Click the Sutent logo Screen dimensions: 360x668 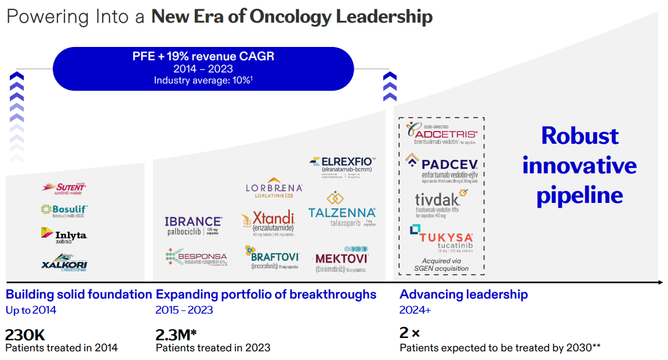pos(63,187)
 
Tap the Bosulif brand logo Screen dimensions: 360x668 pos(64,210)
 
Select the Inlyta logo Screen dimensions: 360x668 pos(64,235)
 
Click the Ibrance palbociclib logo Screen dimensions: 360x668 pos(193,225)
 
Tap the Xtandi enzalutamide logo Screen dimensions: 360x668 pos(268,224)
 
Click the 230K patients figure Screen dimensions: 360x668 pos(25,334)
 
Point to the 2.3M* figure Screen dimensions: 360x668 pos(176,334)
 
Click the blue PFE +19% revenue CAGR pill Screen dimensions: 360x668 pos(203,68)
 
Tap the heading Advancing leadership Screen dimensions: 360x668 pos(464,294)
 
